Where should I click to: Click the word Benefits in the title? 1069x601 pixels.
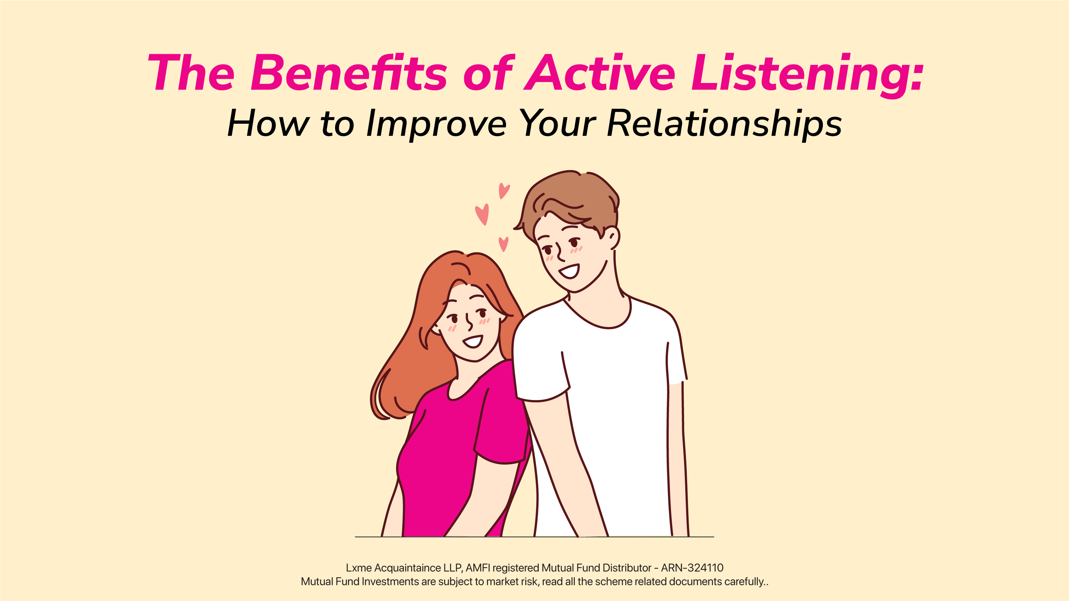(x=349, y=72)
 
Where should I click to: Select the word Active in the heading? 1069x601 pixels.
(x=599, y=72)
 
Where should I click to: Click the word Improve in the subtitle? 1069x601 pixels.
(x=436, y=124)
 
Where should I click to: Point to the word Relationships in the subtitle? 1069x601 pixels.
(x=724, y=124)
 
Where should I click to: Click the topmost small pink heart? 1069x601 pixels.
(x=504, y=191)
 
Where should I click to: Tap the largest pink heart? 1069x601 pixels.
(x=482, y=214)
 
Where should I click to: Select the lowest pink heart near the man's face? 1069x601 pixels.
(x=503, y=244)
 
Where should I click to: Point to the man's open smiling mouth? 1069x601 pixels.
(x=569, y=272)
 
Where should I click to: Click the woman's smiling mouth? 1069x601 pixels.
(x=473, y=342)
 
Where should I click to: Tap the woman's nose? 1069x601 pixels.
(x=469, y=322)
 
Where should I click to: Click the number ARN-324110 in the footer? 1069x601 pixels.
(x=692, y=568)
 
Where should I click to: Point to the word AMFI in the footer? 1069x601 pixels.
(x=478, y=568)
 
